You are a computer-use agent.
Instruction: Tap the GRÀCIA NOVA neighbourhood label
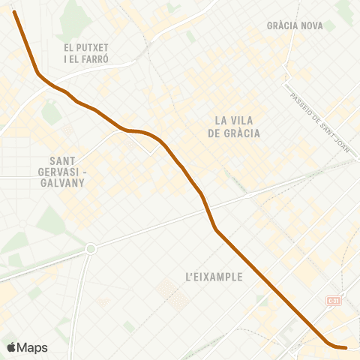point(295,25)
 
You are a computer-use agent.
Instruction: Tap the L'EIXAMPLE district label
point(214,277)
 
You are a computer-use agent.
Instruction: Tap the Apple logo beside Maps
point(11,347)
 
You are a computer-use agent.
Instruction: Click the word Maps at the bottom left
point(32,347)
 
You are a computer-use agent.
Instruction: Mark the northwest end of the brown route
point(14,12)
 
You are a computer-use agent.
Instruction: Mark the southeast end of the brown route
point(345,347)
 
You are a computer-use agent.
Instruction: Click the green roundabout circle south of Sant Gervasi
point(91,248)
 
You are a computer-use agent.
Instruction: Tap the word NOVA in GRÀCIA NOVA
point(311,25)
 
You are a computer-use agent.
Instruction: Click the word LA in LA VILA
point(222,120)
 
